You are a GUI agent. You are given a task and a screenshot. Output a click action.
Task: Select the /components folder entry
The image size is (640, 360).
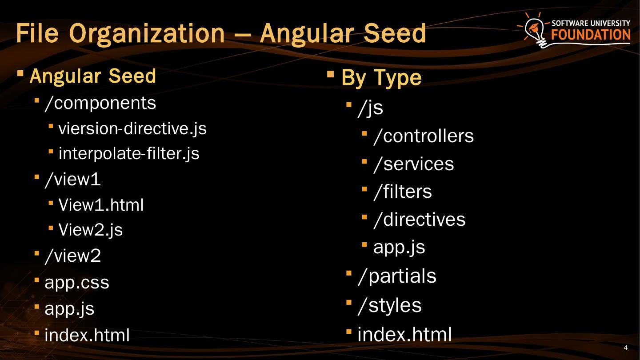100,103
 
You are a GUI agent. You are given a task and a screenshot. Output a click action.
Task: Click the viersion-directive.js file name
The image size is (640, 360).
132,128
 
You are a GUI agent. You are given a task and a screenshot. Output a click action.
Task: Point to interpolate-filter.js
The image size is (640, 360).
129,153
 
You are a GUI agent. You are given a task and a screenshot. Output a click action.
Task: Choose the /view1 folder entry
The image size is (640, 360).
73,179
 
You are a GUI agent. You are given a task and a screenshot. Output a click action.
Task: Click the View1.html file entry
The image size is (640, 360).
101,205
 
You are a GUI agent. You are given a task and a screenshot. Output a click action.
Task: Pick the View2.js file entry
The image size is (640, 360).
91,230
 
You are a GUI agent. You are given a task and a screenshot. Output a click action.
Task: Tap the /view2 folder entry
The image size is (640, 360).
73,256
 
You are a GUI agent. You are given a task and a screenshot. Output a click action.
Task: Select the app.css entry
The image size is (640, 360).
77,283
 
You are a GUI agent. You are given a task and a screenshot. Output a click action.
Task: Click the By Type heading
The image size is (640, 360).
381,78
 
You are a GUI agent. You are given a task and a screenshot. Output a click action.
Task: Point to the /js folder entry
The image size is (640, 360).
370,108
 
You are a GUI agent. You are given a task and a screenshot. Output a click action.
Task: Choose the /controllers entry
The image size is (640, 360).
424,136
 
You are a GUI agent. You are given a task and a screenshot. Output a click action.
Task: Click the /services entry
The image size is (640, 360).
414,164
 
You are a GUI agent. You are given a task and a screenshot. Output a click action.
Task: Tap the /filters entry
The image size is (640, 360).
403,192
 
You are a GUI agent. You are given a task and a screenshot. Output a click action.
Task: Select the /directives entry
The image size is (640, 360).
420,220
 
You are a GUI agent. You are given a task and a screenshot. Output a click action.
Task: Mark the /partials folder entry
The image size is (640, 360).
397,276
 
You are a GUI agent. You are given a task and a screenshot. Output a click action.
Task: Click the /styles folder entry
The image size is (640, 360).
389,305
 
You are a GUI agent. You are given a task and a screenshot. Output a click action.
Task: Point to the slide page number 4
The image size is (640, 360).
626,348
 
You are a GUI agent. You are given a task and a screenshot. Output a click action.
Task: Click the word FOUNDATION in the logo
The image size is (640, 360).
591,35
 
